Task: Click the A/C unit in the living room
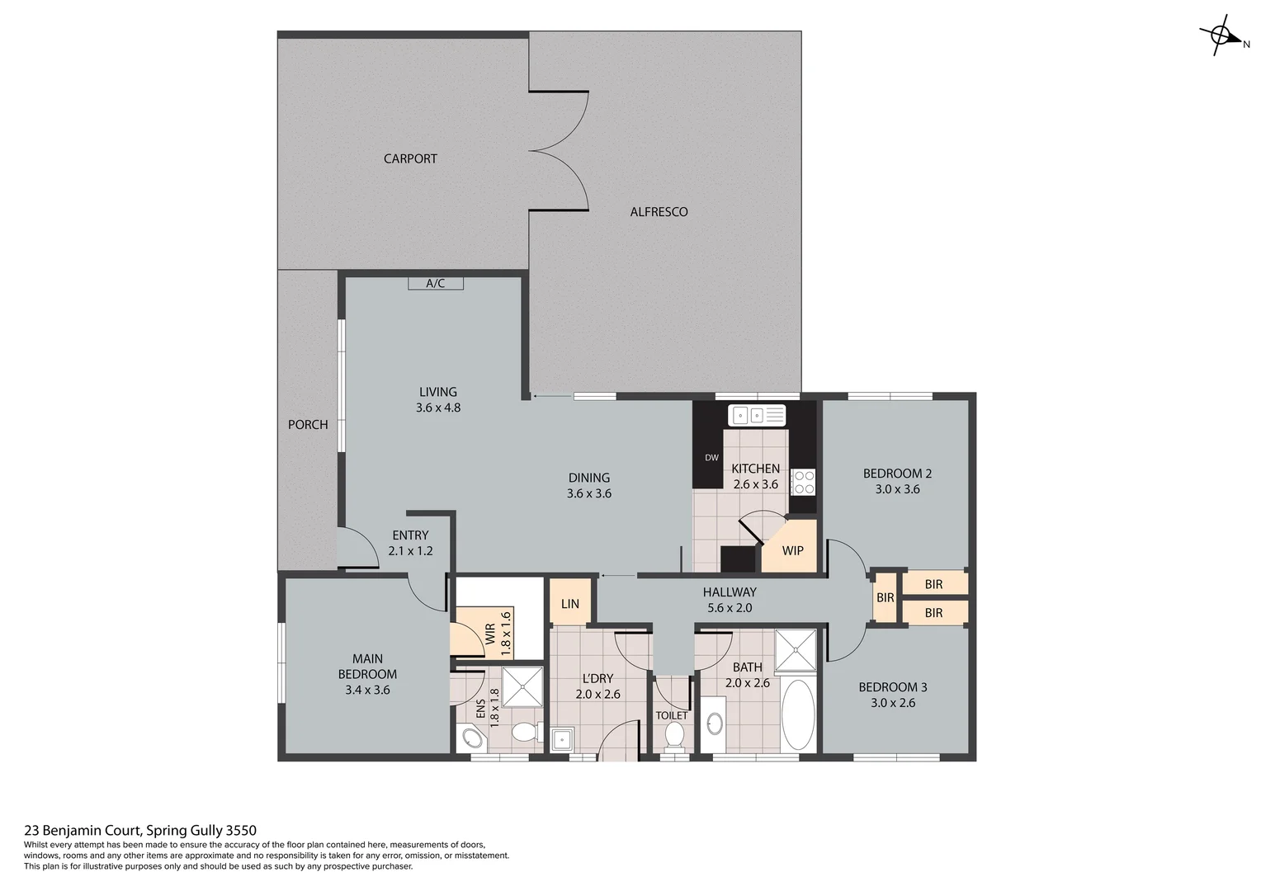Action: [435, 283]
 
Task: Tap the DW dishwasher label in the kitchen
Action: [711, 457]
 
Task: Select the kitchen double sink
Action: [757, 415]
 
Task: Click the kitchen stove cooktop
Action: [802, 482]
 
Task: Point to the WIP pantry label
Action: [792, 550]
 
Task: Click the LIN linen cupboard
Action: [569, 603]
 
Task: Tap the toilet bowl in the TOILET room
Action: [674, 735]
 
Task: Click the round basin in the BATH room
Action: [715, 724]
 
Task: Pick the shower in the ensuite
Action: [522, 686]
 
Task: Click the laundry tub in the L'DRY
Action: [563, 739]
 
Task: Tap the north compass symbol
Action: [1221, 35]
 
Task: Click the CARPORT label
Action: [410, 158]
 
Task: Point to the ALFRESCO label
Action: [659, 212]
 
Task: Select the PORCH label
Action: [308, 424]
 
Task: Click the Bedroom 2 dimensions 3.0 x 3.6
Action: [897, 489]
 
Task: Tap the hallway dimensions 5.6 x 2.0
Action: [730, 608]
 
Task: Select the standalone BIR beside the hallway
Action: [885, 597]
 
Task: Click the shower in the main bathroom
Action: [796, 649]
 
